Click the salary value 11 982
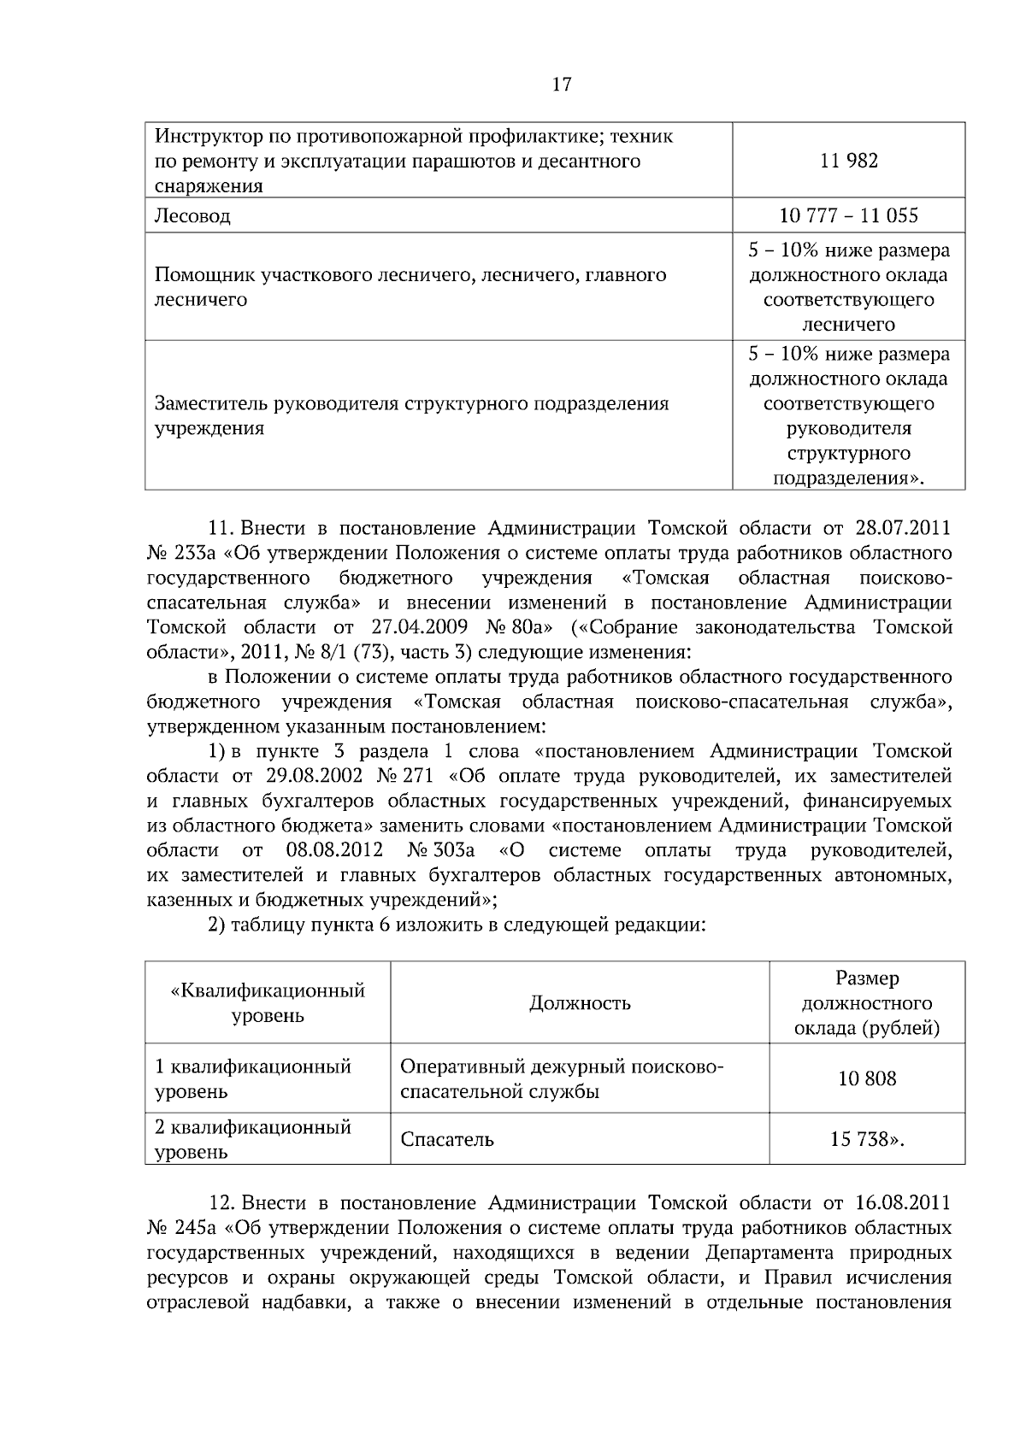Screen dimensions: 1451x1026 click(x=848, y=161)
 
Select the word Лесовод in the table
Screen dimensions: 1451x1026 click(x=192, y=216)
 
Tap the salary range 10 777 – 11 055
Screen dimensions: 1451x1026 click(x=848, y=215)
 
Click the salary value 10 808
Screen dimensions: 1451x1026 click(x=867, y=1078)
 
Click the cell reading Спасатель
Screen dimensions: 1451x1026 click(x=447, y=1139)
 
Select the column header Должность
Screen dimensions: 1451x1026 click(x=580, y=1003)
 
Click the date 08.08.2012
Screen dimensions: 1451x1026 click(x=332, y=851)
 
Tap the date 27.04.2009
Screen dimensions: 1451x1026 click(x=422, y=627)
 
